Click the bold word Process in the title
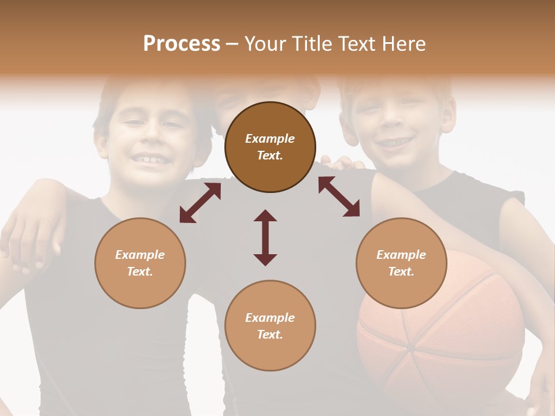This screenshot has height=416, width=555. point(182,44)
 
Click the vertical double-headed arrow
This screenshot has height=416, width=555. point(265,237)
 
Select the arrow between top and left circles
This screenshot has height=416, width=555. point(200,203)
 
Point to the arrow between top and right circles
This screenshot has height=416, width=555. point(339,196)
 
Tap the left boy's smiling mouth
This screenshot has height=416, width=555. point(149,158)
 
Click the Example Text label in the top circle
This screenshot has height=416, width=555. point(270,147)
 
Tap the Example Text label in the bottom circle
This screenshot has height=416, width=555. point(270,326)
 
